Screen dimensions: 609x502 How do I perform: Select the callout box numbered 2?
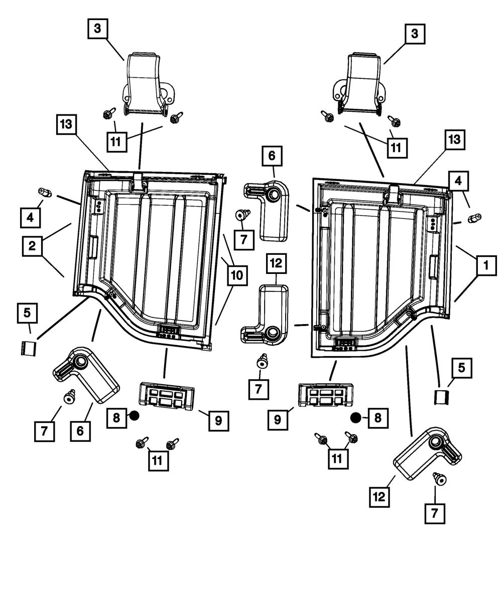pos(32,246)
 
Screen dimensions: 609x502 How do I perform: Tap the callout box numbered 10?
pos(236,274)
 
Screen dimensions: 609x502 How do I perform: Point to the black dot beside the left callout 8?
pos(134,415)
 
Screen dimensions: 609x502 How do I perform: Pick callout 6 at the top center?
pos(272,156)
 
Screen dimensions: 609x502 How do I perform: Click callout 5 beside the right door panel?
pos(461,369)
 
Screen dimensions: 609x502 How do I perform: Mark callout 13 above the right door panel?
pos(454,140)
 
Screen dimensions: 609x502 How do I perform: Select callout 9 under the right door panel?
pos(278,420)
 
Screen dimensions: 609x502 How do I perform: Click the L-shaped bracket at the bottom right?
pos(428,448)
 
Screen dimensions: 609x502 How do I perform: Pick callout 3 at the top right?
pos(414,34)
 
